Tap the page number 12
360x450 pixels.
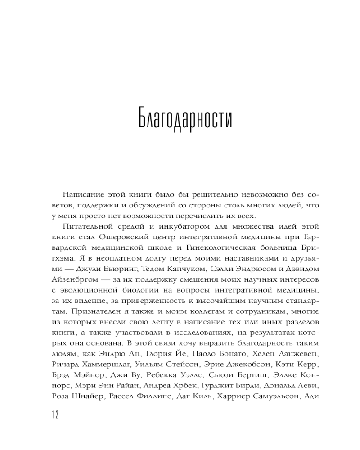tap(54, 414)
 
